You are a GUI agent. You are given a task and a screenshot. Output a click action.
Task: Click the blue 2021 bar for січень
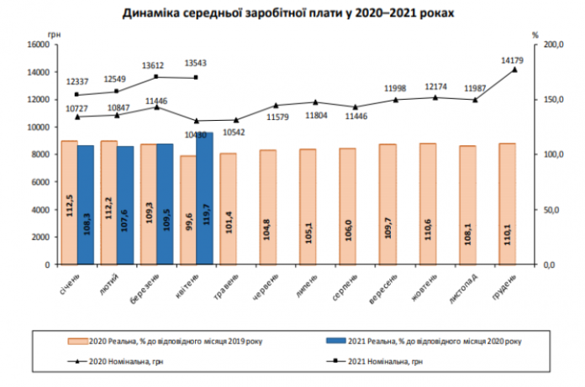(85, 205)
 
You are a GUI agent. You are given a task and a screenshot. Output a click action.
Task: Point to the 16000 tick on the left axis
(40, 44)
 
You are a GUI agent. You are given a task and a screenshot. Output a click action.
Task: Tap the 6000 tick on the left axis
(42, 181)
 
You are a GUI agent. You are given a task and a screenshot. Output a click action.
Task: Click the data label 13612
(154, 65)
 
